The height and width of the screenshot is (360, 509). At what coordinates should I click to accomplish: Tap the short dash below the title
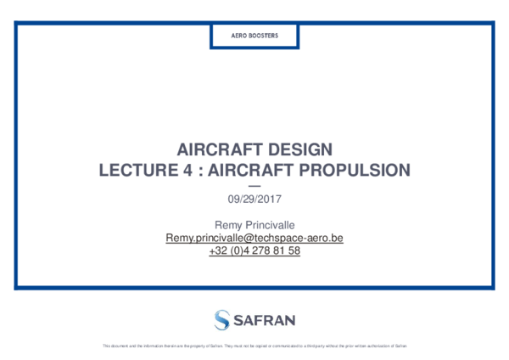coord(255,185)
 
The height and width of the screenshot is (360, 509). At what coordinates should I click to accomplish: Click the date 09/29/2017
coord(255,200)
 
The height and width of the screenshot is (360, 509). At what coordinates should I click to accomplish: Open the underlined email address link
coord(255,239)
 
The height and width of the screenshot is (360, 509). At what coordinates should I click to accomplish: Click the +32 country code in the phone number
coord(216,251)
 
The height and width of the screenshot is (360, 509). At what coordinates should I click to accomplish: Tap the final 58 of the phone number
coord(294,251)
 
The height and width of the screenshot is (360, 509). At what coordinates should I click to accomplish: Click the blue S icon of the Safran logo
coord(221,319)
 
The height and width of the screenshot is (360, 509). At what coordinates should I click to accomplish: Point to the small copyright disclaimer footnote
coord(255,346)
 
